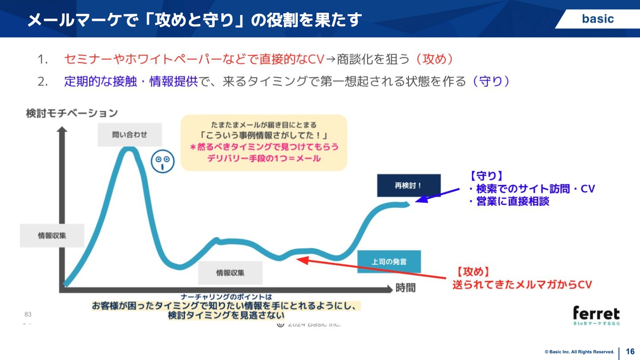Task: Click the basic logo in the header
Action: (598, 19)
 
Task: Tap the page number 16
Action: (630, 351)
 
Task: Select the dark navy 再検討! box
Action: (408, 185)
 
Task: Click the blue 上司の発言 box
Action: (389, 261)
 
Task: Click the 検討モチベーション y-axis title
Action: (72, 113)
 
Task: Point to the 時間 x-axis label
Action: (405, 288)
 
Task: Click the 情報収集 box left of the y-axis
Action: (52, 235)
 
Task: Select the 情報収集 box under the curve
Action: (230, 272)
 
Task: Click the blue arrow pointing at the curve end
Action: (438, 195)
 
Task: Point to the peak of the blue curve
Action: (129, 149)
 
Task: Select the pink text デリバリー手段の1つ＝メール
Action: (264, 158)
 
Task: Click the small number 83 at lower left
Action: (28, 314)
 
